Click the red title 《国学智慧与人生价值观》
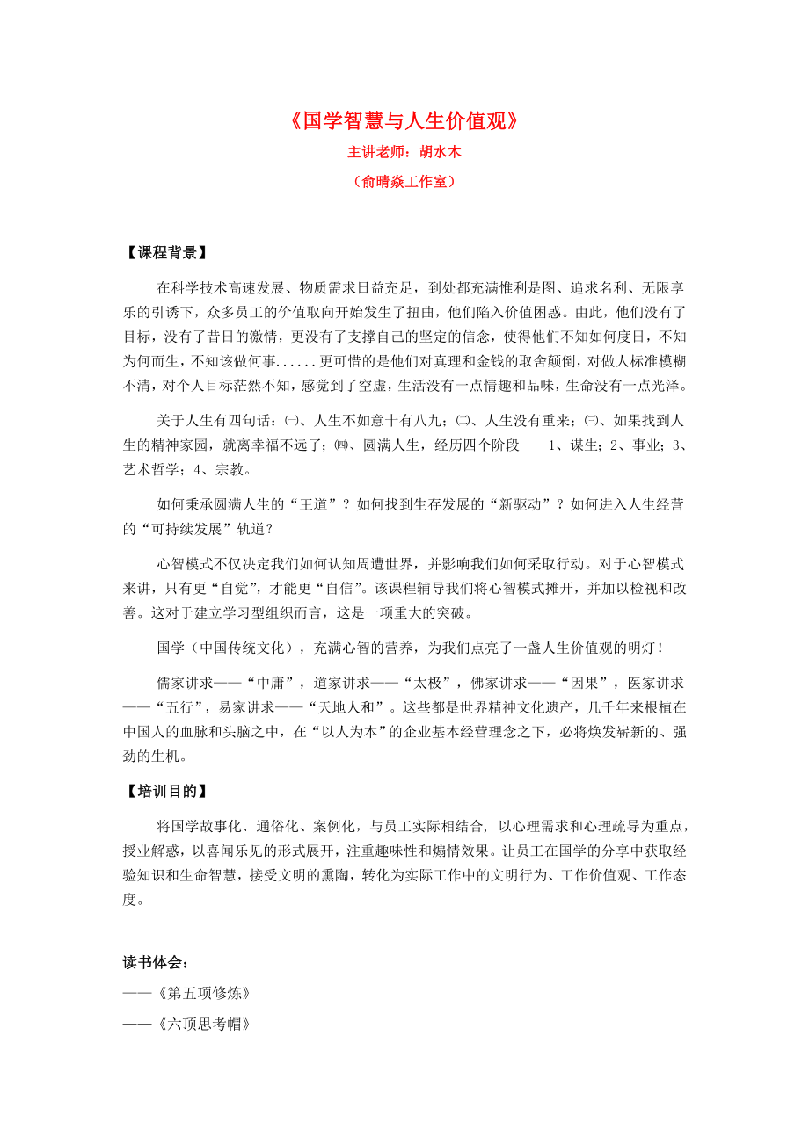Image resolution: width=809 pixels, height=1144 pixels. (404, 121)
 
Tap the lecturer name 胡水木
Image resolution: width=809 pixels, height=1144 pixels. (440, 152)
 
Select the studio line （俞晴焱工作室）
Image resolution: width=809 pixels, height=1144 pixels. (404, 182)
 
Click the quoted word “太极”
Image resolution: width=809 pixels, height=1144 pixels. (427, 683)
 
